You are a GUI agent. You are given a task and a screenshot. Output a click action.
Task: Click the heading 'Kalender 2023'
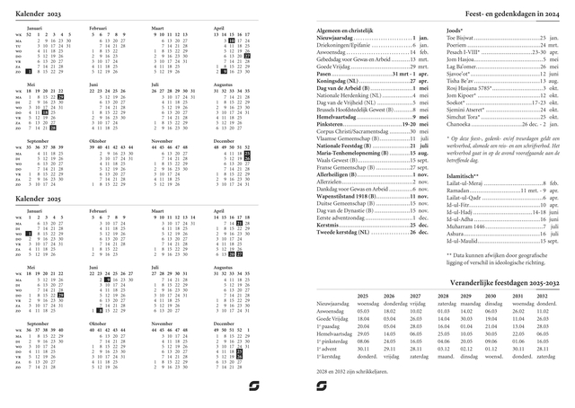[x=37, y=16]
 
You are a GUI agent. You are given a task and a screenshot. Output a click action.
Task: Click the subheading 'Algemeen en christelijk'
[x=345, y=31]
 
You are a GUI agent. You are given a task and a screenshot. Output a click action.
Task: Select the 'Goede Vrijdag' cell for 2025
[x=365, y=318]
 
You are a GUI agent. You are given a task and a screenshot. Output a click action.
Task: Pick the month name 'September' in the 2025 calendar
[x=38, y=324]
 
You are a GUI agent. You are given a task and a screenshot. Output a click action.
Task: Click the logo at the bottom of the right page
[x=322, y=386]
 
